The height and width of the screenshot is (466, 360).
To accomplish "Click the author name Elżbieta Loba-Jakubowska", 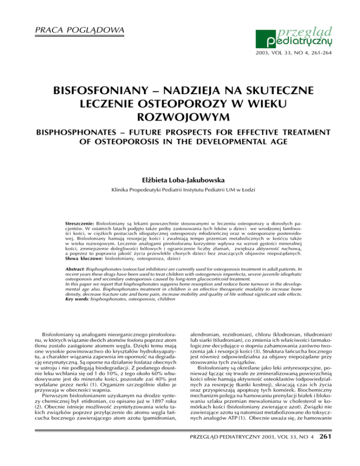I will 180,178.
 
